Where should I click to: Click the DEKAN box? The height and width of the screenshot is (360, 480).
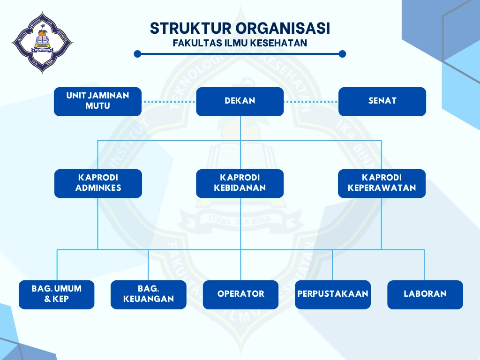pos(240,101)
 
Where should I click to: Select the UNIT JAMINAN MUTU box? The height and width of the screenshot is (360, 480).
pos(97,101)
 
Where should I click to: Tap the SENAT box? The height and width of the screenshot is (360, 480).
pos(382,101)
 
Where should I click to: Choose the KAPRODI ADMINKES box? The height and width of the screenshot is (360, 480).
pos(98,183)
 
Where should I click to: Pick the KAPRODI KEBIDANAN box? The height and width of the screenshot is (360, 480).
pos(240,183)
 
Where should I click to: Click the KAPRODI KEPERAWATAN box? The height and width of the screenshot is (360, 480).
pos(382,183)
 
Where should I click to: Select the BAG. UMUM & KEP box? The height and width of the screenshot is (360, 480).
pos(56,294)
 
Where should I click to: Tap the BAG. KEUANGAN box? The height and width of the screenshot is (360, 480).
pos(148,294)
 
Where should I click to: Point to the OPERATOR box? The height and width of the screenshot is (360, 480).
pos(240,294)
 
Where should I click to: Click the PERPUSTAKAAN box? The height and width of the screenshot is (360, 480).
pos(332,294)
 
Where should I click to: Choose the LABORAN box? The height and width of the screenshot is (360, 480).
pos(425,294)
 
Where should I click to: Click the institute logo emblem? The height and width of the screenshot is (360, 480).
pos(42,43)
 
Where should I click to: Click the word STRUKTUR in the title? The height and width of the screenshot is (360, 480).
pos(190,28)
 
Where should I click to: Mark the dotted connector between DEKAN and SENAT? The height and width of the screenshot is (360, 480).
pos(311,101)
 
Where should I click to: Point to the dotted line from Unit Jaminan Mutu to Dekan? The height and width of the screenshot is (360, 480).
pos(169,101)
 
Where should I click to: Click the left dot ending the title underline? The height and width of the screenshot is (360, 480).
pos(137,54)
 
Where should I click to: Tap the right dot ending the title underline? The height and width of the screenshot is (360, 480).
pos(342,54)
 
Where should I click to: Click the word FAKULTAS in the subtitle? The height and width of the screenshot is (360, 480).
pos(195,43)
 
